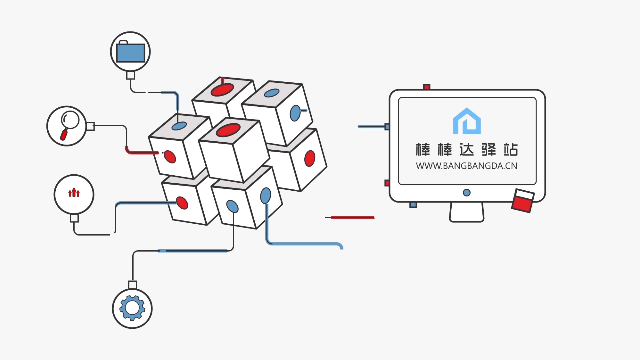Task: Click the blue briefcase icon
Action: (x=130, y=52)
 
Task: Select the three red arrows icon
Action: (x=74, y=192)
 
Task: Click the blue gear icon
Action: (x=132, y=308)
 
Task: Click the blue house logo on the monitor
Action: (x=467, y=121)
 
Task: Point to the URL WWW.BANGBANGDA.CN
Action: (x=466, y=166)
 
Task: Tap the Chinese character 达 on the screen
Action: (x=466, y=150)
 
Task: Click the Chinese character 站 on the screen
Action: (x=510, y=150)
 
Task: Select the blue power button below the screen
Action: (x=467, y=192)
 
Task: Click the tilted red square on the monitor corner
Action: (x=523, y=201)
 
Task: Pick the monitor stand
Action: (x=466, y=212)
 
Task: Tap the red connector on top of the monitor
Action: (x=426, y=87)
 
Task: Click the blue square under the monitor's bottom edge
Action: (x=413, y=205)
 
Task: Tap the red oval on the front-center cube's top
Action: (x=228, y=130)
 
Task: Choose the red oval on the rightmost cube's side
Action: (x=310, y=158)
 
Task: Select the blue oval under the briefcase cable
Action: (x=179, y=126)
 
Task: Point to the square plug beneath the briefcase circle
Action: (x=130, y=75)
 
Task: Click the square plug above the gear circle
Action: (x=132, y=285)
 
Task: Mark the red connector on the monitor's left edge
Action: (x=387, y=183)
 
